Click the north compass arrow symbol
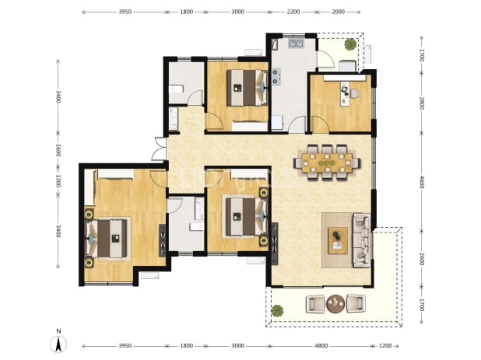click(58, 344)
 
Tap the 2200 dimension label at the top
click(293, 12)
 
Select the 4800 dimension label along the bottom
click(321, 345)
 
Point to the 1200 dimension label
click(385, 345)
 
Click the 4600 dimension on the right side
click(422, 182)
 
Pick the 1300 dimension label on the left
click(58, 180)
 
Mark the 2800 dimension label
click(422, 103)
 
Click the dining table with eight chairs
click(327, 162)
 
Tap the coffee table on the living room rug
click(338, 240)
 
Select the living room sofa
click(362, 240)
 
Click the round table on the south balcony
click(335, 303)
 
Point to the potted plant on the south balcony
click(277, 310)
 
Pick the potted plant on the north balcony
click(350, 44)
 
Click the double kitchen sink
click(296, 44)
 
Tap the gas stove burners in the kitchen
click(277, 77)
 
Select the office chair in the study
click(355, 93)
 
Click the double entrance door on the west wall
click(159, 149)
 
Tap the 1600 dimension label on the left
click(58, 150)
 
